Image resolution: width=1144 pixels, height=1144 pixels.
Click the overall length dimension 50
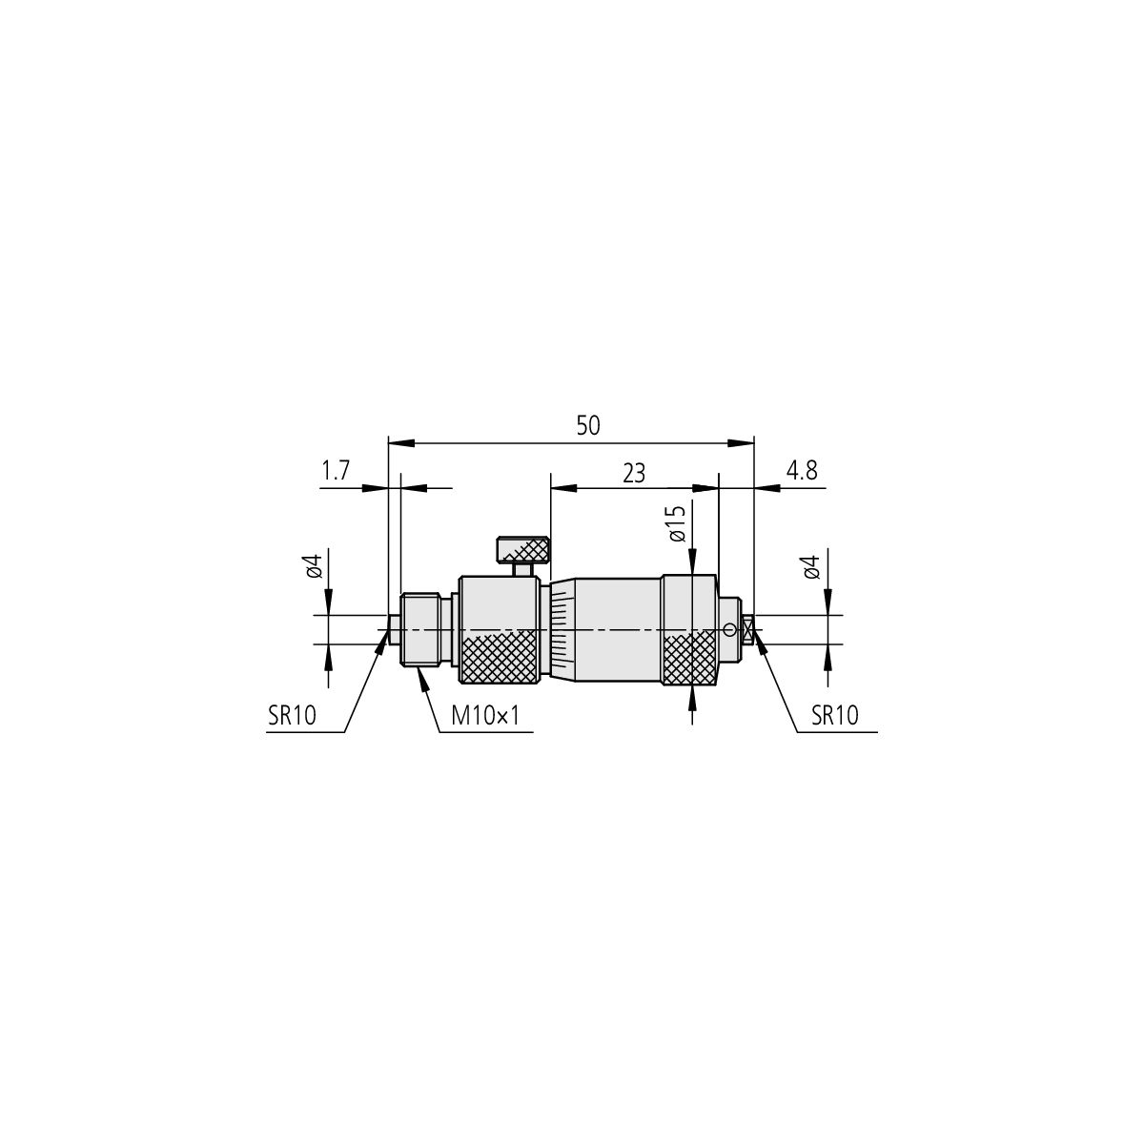click(x=588, y=425)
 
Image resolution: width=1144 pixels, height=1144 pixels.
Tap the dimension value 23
click(x=634, y=474)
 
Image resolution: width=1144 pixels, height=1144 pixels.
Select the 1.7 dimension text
click(x=336, y=471)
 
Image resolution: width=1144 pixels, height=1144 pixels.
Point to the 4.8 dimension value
click(x=802, y=471)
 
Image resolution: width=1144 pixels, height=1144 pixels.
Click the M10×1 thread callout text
click(x=485, y=717)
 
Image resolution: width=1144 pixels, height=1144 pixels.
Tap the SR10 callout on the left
click(x=292, y=716)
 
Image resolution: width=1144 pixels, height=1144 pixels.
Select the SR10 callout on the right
click(x=835, y=716)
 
